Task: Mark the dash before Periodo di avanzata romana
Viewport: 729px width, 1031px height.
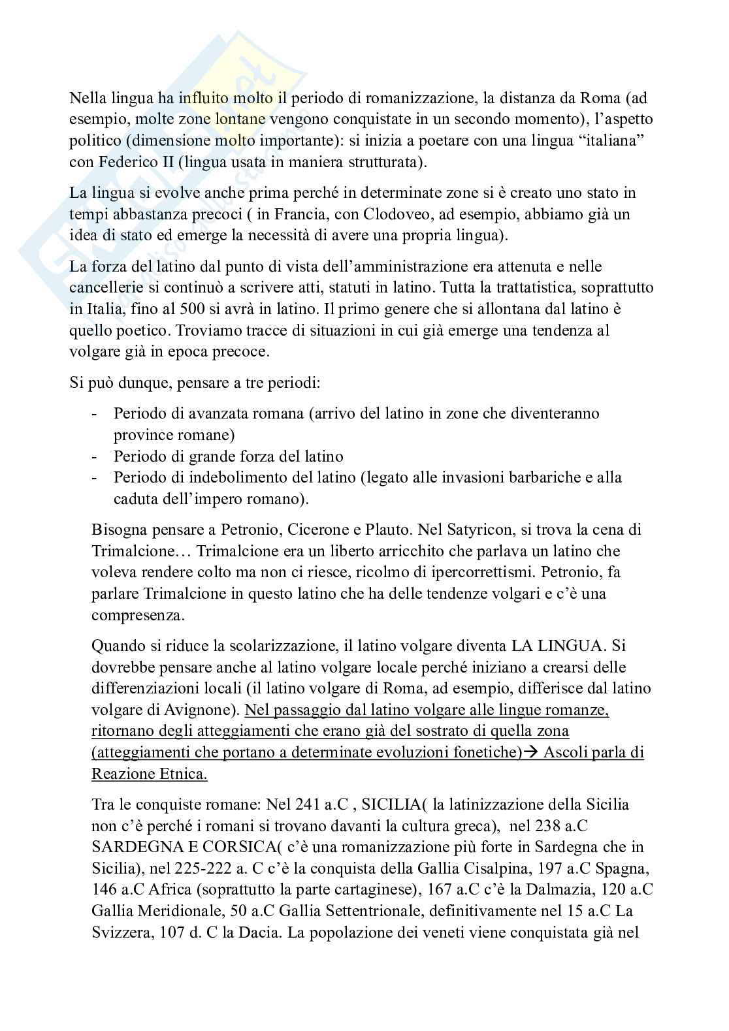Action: (x=96, y=414)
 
